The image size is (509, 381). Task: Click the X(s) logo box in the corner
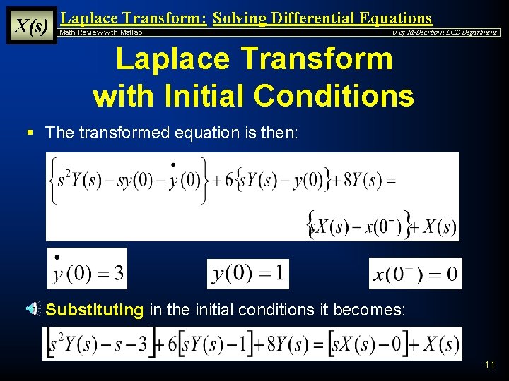[31, 25]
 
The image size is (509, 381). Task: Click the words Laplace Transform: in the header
[134, 18]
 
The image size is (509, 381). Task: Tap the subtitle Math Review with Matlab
[100, 32]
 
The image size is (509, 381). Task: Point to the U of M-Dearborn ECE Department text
[445, 32]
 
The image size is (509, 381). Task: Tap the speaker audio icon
[33, 308]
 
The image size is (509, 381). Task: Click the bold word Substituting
[95, 309]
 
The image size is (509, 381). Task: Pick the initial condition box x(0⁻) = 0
[415, 273]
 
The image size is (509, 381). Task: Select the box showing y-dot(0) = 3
[88, 269]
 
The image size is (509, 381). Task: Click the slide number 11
[490, 365]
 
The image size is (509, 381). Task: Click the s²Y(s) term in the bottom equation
[79, 345]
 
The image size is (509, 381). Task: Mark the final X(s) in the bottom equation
[438, 345]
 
